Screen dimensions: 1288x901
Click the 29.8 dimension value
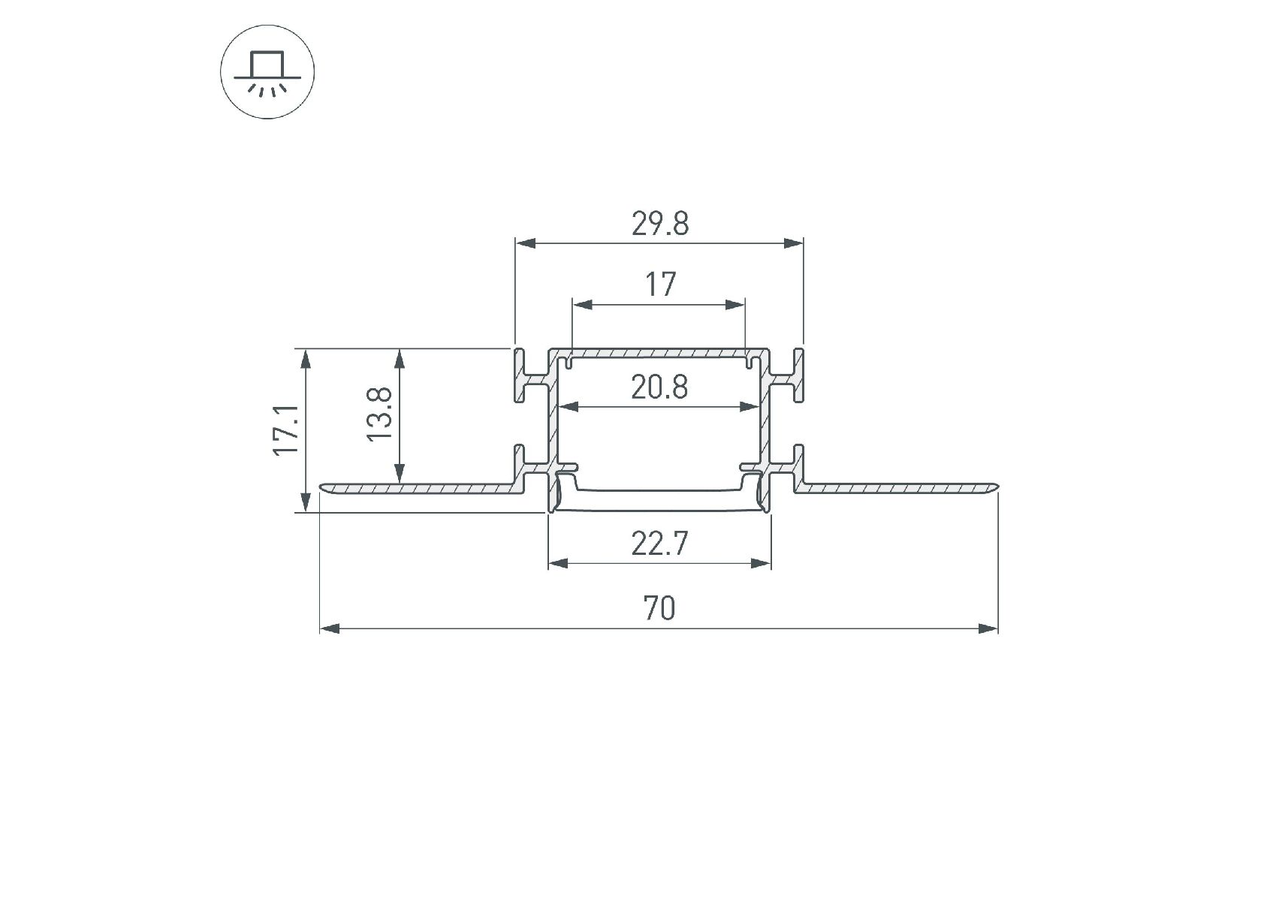tap(659, 224)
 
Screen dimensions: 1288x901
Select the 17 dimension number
tap(660, 285)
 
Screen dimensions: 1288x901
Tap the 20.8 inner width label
tap(659, 387)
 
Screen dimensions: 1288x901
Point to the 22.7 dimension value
tap(659, 543)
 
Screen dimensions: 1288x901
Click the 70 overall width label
tap(659, 608)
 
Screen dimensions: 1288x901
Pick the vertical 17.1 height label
tap(286, 429)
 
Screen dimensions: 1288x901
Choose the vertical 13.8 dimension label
tap(380, 414)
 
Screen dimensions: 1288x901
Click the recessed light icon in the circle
tap(267, 74)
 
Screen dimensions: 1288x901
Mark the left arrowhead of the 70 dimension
tap(330, 628)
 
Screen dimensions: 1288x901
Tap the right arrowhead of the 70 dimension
tap(988, 628)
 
